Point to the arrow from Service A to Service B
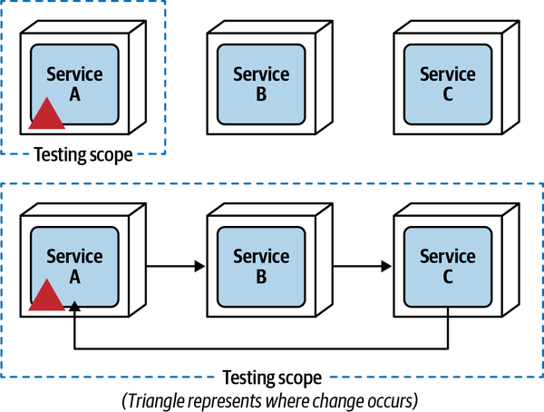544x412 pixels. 177,266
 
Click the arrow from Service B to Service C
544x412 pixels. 363,266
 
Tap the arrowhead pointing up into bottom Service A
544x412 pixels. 74,311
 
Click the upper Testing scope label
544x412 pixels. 83,154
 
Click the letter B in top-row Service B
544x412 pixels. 260,92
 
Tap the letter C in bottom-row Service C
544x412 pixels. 448,276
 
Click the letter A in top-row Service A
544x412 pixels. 74,92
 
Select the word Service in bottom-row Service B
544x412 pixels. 260,256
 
